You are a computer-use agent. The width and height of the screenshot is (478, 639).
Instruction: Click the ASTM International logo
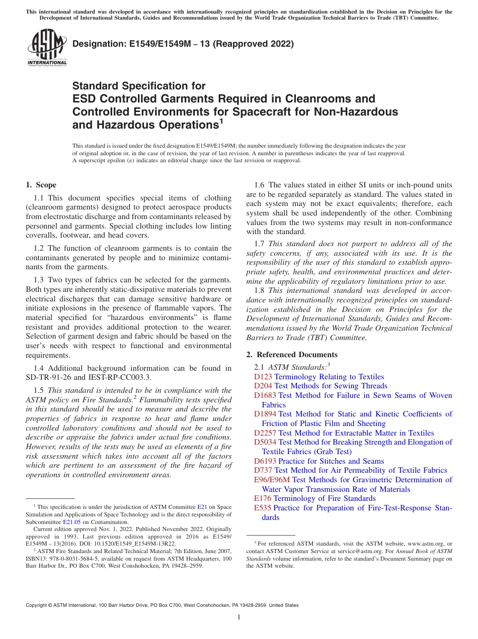[x=47, y=47]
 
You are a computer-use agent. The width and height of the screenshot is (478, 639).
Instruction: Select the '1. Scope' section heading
[x=41, y=185]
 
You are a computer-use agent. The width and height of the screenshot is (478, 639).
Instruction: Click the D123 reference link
[x=263, y=377]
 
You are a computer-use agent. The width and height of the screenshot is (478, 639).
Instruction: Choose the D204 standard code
[x=263, y=386]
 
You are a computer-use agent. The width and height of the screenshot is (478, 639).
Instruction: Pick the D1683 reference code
[x=265, y=395]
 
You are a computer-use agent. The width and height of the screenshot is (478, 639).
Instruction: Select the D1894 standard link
[x=265, y=414]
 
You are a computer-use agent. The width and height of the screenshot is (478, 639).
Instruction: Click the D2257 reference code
[x=265, y=433]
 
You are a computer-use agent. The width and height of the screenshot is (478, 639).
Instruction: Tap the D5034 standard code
[x=265, y=442]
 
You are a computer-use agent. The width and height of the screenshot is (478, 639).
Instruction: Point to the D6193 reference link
[x=265, y=461]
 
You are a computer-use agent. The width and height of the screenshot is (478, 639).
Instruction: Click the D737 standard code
[x=263, y=470]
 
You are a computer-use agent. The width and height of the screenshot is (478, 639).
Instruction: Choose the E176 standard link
[x=263, y=498]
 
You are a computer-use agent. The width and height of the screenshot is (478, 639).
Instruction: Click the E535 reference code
[x=263, y=508]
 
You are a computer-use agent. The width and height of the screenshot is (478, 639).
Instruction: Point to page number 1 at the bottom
[x=239, y=617]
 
